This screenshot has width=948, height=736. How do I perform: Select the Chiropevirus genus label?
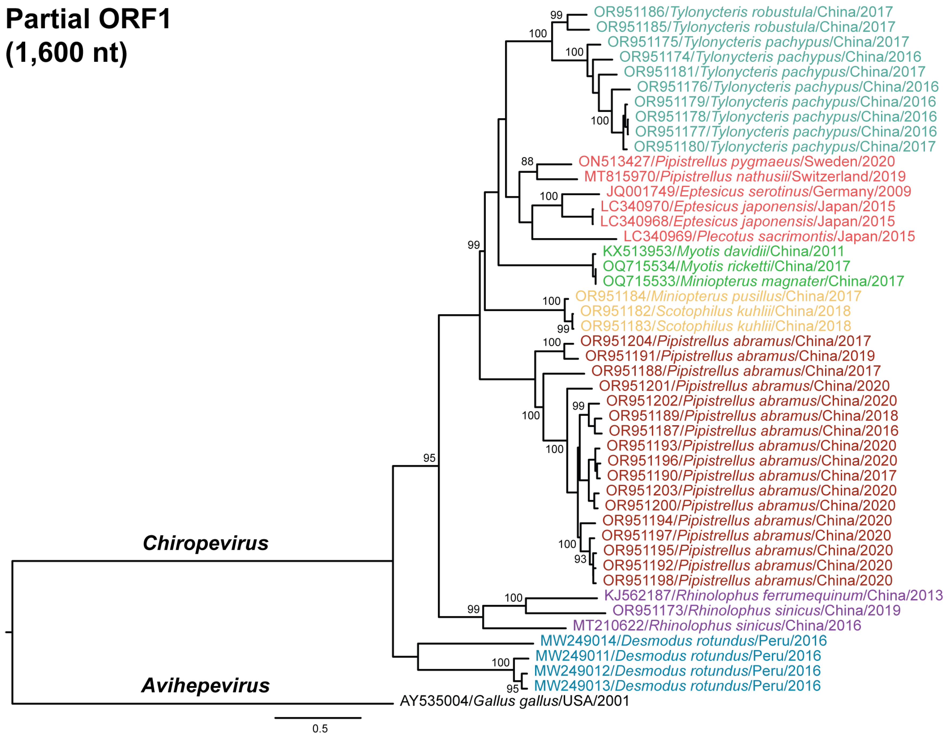(205, 543)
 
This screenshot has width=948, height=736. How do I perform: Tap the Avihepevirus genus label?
(205, 686)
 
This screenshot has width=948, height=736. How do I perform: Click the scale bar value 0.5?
(320, 728)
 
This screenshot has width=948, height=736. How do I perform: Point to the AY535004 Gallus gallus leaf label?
(514, 701)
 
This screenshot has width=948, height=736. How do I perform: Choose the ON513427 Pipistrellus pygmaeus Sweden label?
(737, 162)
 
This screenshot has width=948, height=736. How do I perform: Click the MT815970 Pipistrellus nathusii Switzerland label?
(745, 176)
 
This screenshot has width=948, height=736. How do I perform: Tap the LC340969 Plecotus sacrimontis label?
(769, 236)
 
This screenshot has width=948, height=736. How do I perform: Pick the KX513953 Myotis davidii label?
(723, 251)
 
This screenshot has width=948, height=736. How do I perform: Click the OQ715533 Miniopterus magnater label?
(753, 281)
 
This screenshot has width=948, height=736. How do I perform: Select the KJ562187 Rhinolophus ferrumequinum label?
(773, 595)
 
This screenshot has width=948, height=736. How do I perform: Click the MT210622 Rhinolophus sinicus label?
(717, 625)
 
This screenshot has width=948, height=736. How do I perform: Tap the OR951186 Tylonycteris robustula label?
(743, 12)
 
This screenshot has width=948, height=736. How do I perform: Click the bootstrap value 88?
(527, 162)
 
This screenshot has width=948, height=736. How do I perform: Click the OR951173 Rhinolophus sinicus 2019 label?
(756, 611)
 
